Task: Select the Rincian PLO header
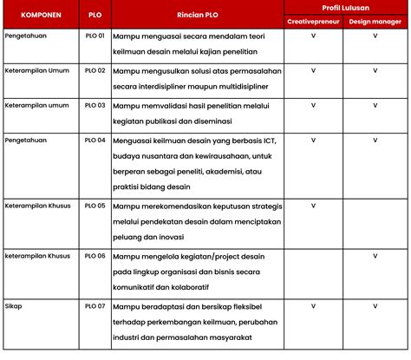[197, 16]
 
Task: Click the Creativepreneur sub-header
[313, 21]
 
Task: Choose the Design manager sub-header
[375, 21]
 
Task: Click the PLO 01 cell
[95, 37]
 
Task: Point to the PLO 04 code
[95, 139]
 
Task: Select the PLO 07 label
[95, 306]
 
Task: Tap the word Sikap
[13, 306]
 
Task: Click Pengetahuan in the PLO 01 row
[27, 37]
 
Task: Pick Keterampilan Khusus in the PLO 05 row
[37, 206]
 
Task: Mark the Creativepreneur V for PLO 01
[313, 37]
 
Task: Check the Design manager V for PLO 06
[375, 256]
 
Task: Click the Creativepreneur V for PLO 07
[313, 306]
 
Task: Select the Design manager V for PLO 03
[375, 104]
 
